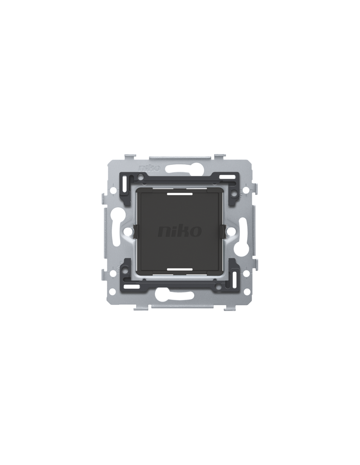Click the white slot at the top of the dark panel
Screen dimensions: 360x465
pos(179,194)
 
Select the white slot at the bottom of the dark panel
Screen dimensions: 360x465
pos(179,269)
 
